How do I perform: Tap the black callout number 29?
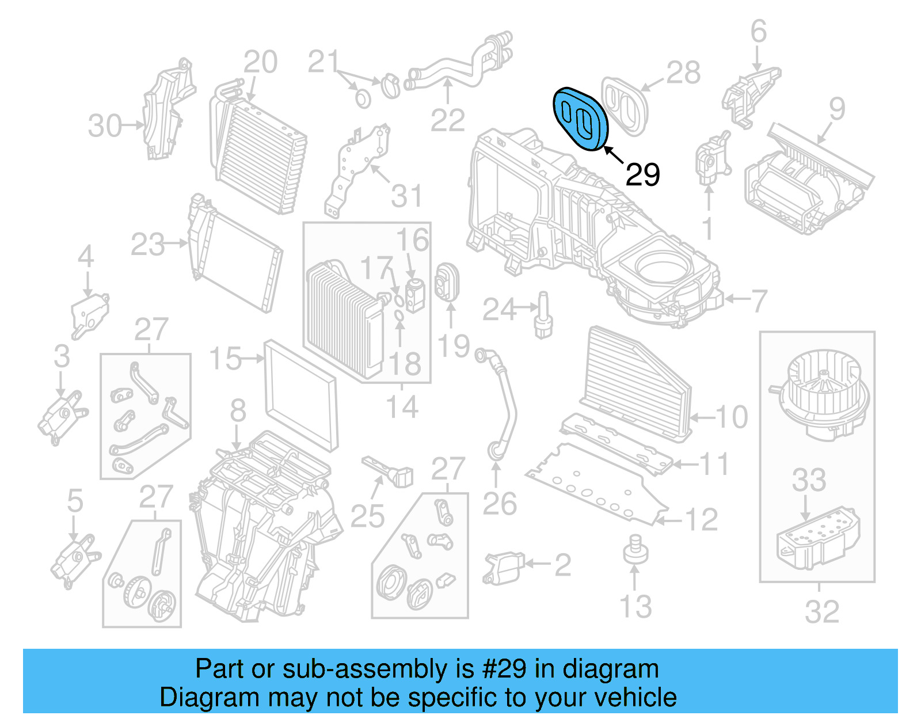click(x=642, y=174)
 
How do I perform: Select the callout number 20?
click(x=260, y=62)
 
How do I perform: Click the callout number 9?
click(x=836, y=109)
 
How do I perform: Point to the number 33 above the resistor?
click(x=809, y=480)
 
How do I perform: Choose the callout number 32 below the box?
click(x=822, y=612)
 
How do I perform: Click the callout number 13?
click(x=635, y=607)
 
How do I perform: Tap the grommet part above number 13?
click(x=635, y=549)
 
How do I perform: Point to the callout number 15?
click(x=225, y=359)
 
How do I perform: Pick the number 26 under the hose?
click(x=499, y=504)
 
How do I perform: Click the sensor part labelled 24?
click(x=543, y=315)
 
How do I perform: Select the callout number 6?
click(x=759, y=31)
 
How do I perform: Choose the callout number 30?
click(x=105, y=125)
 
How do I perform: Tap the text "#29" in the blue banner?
click(x=504, y=669)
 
